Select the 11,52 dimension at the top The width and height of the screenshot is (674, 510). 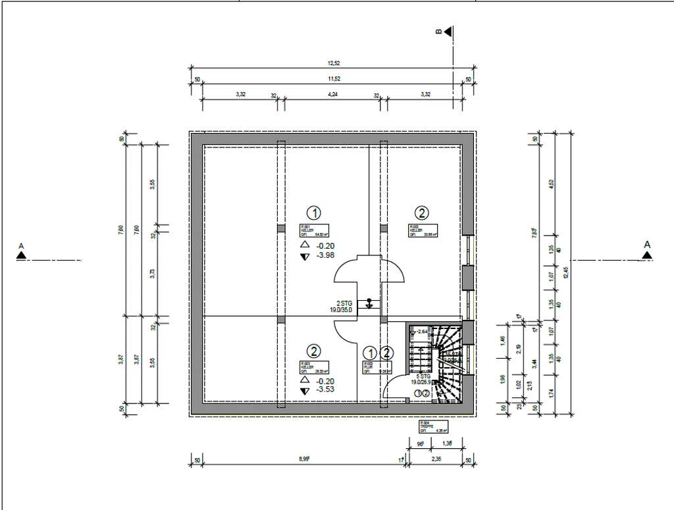click(x=334, y=79)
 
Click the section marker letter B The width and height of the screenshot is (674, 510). click(x=439, y=31)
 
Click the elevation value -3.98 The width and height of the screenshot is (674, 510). click(x=326, y=257)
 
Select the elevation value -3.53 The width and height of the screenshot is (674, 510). click(x=326, y=390)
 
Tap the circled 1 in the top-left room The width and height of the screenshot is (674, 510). click(x=315, y=213)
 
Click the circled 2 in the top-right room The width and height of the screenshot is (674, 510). click(x=421, y=213)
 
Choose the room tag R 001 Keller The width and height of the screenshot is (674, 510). click(x=314, y=230)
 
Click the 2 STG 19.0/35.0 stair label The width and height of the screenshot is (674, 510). click(x=342, y=306)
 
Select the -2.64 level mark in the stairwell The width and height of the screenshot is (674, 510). click(x=423, y=331)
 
